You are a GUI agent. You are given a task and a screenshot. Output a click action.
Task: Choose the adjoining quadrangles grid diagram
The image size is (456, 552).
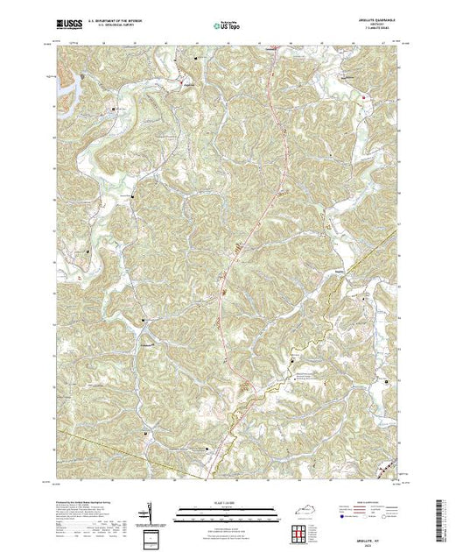pos(302,532)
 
